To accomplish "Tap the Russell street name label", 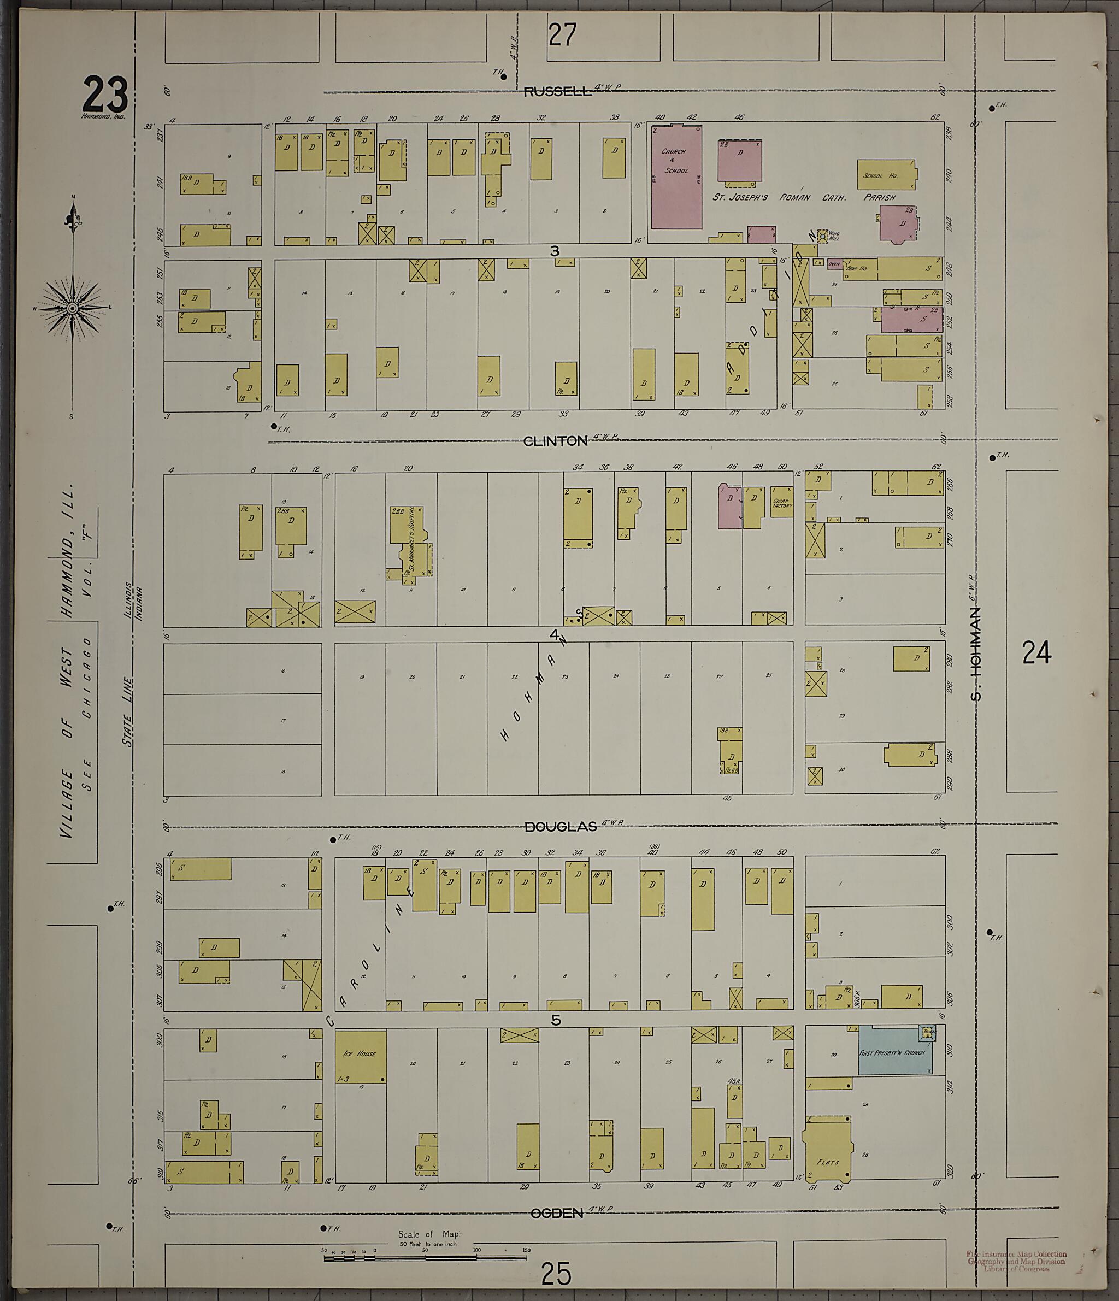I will pyautogui.click(x=558, y=92).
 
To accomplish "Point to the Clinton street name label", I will pyautogui.click(x=555, y=441).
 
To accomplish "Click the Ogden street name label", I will pyautogui.click(x=557, y=1214).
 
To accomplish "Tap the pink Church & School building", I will pyautogui.click(x=676, y=178).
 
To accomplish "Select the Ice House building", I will pyautogui.click(x=361, y=1056).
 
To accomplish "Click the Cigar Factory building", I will pyautogui.click(x=782, y=502).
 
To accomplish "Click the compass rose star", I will pyautogui.click(x=72, y=308).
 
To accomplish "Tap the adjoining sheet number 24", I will pyautogui.click(x=1036, y=652).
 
